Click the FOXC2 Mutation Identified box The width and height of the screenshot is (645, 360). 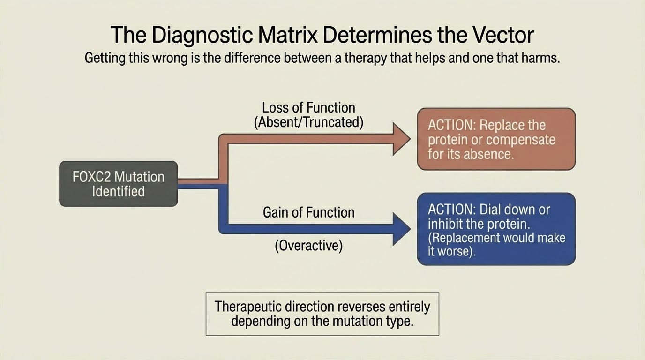118,184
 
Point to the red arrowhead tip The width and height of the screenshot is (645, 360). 411,139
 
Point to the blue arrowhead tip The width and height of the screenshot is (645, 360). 411,229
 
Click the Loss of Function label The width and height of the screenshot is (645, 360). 308,108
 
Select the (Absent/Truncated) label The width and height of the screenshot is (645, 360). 309,122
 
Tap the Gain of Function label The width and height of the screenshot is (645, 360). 309,212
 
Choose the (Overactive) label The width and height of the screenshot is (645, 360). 309,246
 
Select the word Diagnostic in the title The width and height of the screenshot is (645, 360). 202,36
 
